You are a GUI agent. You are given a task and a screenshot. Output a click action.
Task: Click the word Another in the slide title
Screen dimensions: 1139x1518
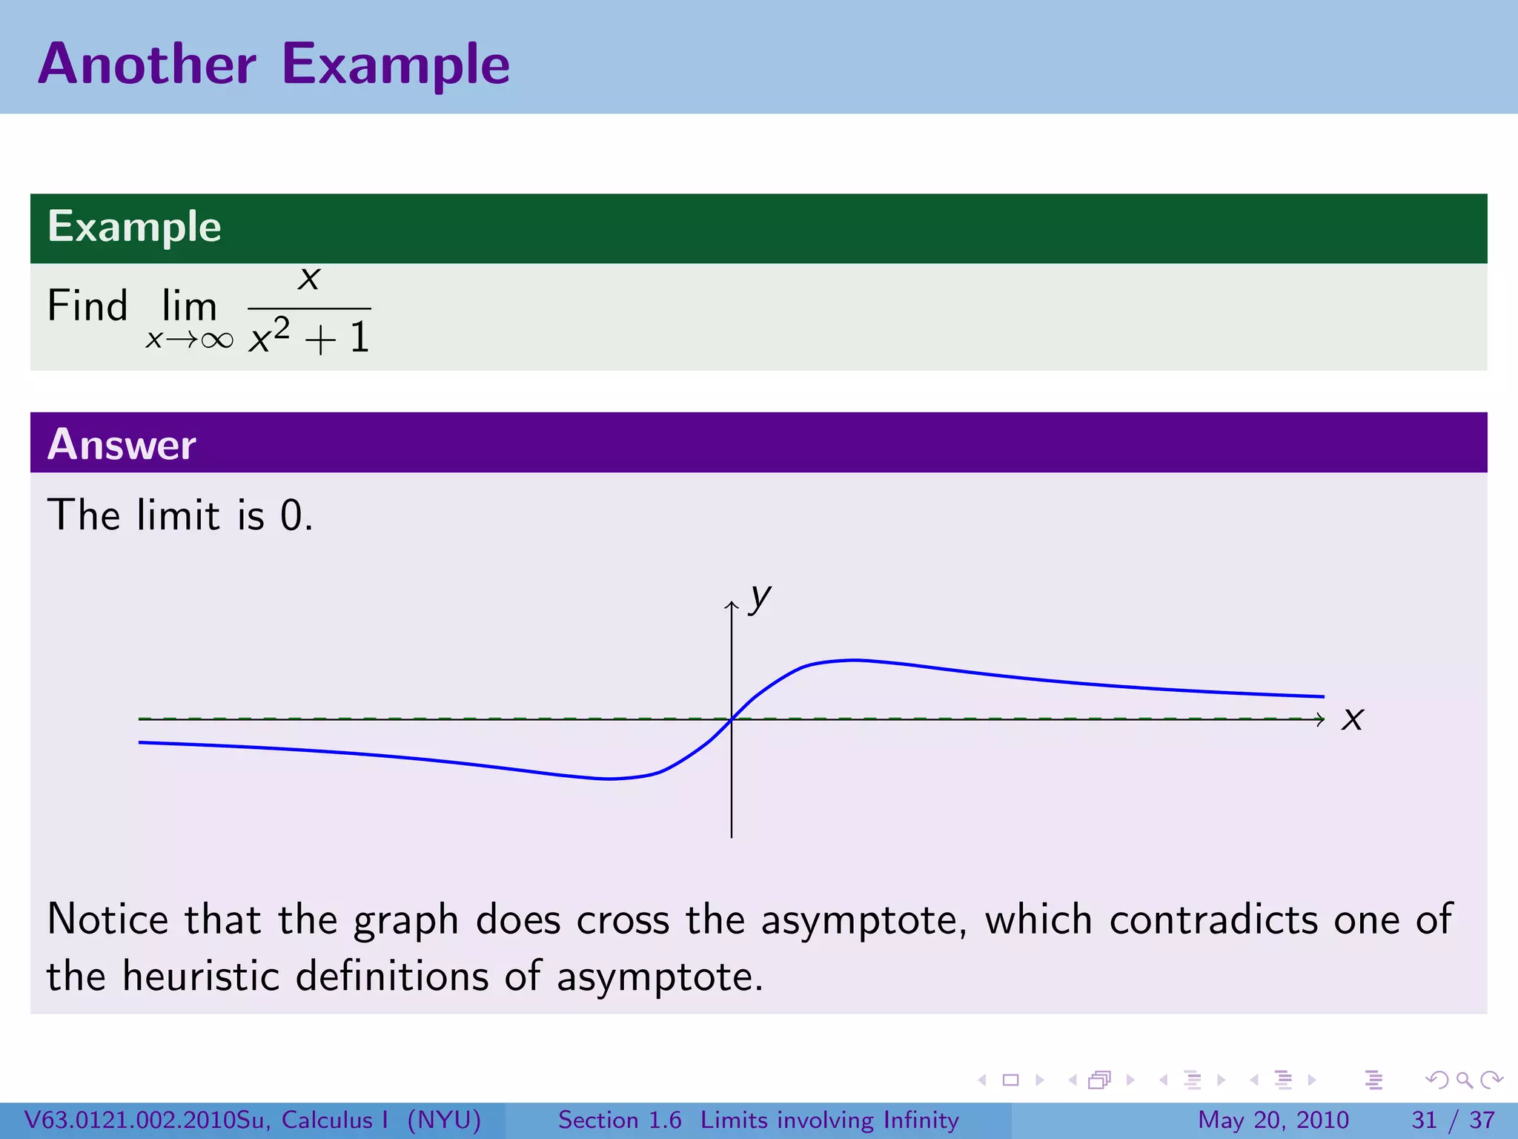(x=147, y=65)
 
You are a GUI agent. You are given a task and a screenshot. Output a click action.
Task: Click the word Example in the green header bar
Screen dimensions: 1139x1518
(x=134, y=227)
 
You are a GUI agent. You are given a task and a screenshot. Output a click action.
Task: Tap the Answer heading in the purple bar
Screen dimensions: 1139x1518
(x=122, y=445)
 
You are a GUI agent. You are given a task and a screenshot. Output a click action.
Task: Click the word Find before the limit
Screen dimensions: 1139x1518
(x=87, y=306)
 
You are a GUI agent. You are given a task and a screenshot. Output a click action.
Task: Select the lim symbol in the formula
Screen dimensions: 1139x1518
(x=189, y=306)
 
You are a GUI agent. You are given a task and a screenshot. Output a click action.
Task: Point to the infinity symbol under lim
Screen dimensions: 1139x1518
(x=216, y=340)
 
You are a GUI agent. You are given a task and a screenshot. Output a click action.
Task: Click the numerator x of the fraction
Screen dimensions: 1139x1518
(x=309, y=278)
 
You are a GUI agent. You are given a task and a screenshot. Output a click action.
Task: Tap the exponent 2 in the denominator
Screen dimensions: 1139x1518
(x=282, y=327)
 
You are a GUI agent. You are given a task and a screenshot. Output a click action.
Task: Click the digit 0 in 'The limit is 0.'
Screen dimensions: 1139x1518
(x=291, y=515)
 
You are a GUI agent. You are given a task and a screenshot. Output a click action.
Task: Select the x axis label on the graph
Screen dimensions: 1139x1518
(x=1352, y=719)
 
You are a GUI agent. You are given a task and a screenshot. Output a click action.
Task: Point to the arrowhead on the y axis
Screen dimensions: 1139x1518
(x=732, y=605)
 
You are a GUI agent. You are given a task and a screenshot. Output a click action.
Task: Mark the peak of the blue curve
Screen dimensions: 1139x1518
(x=854, y=659)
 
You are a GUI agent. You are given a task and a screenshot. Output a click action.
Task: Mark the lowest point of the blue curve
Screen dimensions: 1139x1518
(x=608, y=779)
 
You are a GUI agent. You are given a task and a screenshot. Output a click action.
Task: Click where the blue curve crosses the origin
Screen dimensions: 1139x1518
(x=732, y=719)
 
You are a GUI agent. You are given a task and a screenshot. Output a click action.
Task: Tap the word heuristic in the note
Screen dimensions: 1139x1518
(x=201, y=976)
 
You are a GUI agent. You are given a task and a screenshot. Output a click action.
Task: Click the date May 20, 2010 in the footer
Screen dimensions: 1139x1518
(x=1273, y=1120)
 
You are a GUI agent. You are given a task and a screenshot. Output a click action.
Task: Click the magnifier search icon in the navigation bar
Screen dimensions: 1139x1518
(x=1464, y=1080)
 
